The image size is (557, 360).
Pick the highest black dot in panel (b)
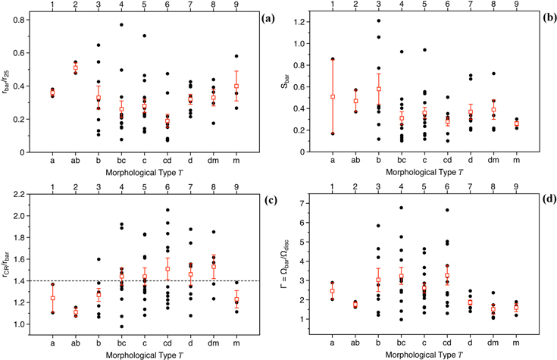(x=378, y=20)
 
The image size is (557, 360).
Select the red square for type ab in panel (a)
(x=77, y=67)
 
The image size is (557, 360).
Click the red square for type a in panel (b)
(x=333, y=96)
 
